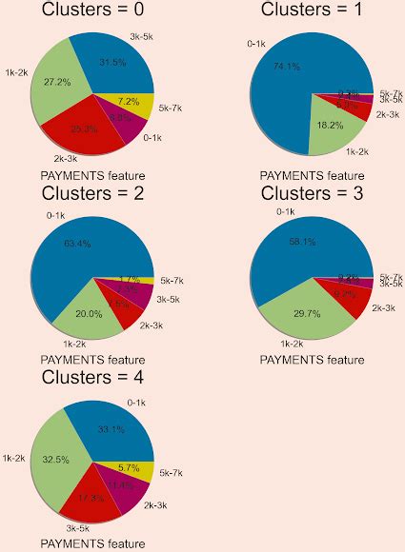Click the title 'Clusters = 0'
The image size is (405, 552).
[93, 10]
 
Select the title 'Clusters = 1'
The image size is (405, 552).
[312, 10]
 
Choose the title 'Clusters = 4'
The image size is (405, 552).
[93, 379]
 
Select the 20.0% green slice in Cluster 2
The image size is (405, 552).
[91, 311]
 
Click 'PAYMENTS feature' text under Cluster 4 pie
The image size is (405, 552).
[93, 543]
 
